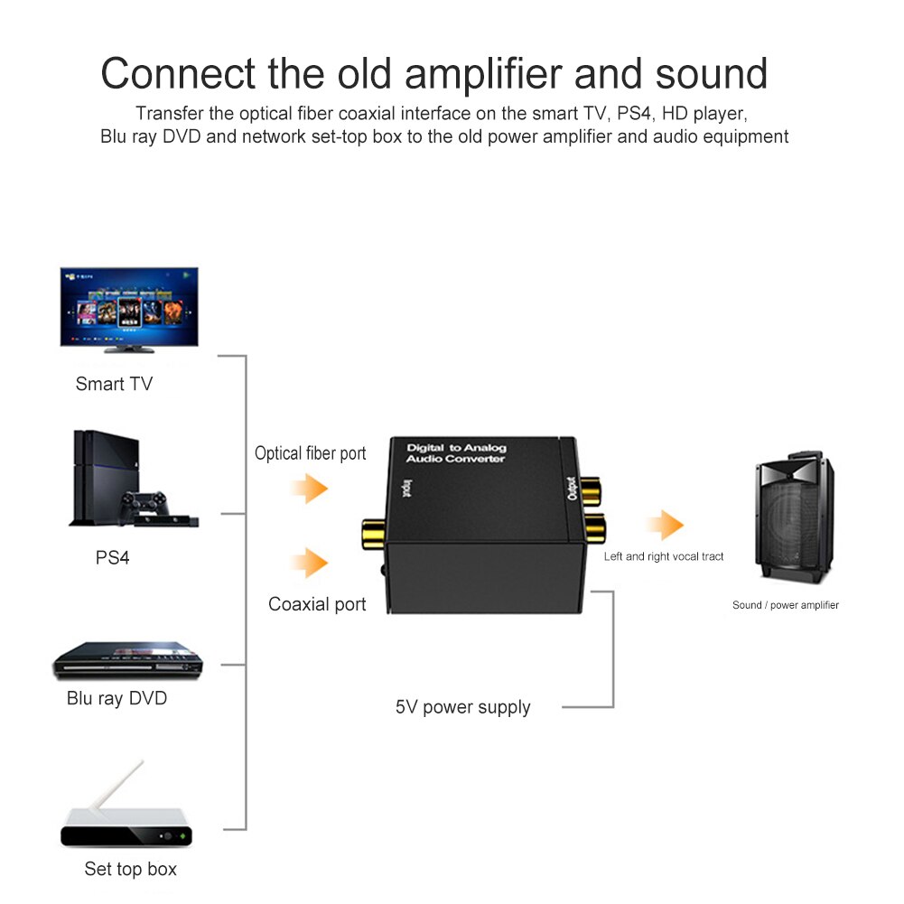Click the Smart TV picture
click(x=129, y=308)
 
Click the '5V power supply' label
click(x=462, y=707)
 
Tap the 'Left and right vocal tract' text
click(x=664, y=556)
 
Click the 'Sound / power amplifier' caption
click(x=785, y=605)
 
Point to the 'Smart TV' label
click(x=114, y=384)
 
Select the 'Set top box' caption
click(x=130, y=869)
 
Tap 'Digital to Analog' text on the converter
click(x=456, y=448)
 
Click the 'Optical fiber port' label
click(x=310, y=453)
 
